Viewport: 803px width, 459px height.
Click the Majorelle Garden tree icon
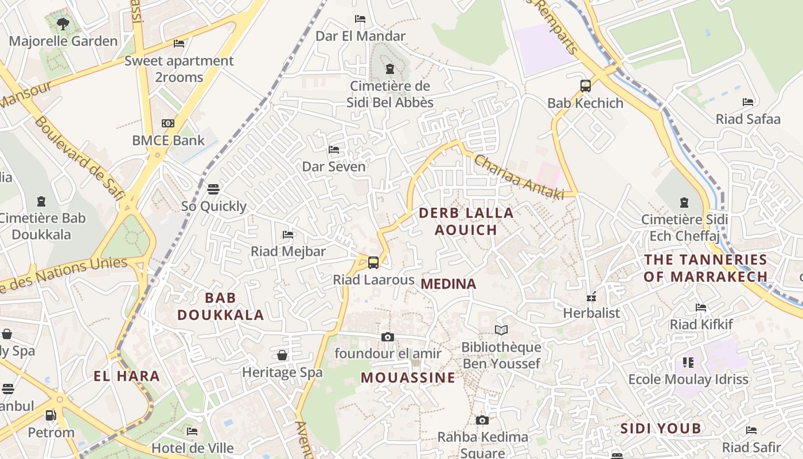pos(63,24)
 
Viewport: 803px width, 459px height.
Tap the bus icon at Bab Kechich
pos(585,86)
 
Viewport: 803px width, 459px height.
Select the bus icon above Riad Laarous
pos(373,263)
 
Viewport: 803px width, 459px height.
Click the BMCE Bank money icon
pos(167,123)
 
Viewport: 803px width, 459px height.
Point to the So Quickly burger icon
pos(213,189)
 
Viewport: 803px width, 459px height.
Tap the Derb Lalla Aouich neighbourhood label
pos(466,221)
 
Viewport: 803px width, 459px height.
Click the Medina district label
pos(449,284)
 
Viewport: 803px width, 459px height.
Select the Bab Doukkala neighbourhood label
pos(220,306)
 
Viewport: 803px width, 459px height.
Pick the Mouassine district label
pos(408,378)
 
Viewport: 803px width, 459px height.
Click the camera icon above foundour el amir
pos(388,337)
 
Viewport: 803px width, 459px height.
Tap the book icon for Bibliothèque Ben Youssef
pos(501,330)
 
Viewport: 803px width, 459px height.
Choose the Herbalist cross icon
pos(591,297)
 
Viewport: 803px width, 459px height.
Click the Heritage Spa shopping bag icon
pos(282,355)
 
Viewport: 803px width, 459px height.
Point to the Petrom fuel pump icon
pos(51,415)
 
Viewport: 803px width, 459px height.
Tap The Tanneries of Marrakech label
pos(705,268)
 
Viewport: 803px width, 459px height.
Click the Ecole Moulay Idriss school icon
pos(688,363)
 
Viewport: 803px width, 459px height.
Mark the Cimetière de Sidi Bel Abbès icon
pos(390,69)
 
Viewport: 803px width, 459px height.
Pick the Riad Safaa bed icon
pos(748,102)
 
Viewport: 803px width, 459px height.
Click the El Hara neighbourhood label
pos(127,376)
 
